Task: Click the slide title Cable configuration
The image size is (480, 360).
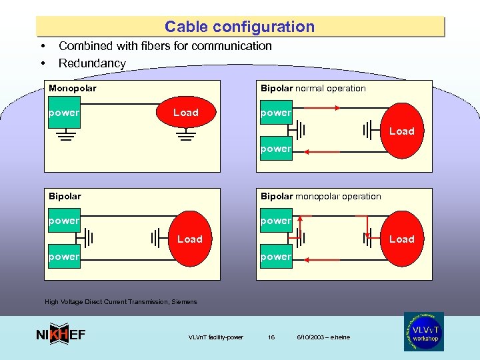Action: coord(239,27)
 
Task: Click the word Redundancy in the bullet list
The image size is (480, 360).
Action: coord(92,63)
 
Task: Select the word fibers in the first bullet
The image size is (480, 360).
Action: coord(179,46)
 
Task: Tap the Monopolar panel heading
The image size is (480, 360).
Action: coord(73,88)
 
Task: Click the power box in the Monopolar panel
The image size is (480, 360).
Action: coord(63,113)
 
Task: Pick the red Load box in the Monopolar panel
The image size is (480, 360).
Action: coord(185,113)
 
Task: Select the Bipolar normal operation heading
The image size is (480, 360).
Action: coord(313,88)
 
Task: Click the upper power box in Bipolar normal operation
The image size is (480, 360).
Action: coord(275,113)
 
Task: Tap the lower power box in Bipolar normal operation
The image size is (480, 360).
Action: coord(275,149)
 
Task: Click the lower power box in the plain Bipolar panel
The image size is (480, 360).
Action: coord(63,257)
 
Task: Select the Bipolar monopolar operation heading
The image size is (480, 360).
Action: coord(321,196)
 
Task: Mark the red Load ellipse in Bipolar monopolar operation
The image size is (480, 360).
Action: coord(400,239)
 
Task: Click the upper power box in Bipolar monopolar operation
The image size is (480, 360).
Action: coord(275,221)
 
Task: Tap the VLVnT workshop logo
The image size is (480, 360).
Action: coord(423,331)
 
